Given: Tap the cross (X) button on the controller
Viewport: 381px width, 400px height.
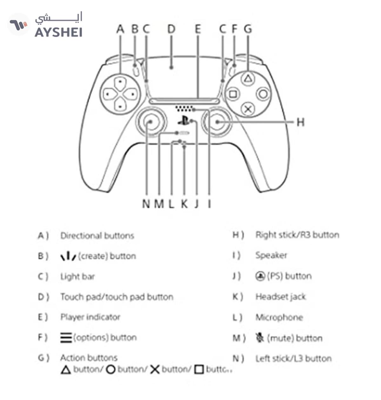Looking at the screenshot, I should click(x=247, y=109).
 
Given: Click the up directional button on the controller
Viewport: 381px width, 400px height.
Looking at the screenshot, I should click(x=120, y=82).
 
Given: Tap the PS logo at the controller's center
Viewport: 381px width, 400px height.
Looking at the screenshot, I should click(x=183, y=121).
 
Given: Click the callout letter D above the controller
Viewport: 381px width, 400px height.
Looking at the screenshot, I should click(x=171, y=29).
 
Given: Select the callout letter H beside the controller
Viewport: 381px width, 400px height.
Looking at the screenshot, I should click(x=300, y=122).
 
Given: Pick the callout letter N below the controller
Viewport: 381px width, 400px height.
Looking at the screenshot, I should click(x=146, y=204).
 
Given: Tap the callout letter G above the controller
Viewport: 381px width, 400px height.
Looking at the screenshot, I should click(x=248, y=29).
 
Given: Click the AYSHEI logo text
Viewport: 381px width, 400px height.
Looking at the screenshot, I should click(x=58, y=32).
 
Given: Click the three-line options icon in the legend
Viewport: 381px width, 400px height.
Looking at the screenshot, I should click(x=66, y=337).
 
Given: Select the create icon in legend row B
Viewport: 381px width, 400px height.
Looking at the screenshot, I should click(x=68, y=256).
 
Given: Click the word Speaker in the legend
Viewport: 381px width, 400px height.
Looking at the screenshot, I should click(x=271, y=255).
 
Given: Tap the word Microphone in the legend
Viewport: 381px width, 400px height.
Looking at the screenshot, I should click(x=279, y=317).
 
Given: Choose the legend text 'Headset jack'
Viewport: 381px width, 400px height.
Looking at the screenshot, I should click(x=280, y=297).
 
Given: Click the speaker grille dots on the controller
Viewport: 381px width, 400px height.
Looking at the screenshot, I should click(x=184, y=109).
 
